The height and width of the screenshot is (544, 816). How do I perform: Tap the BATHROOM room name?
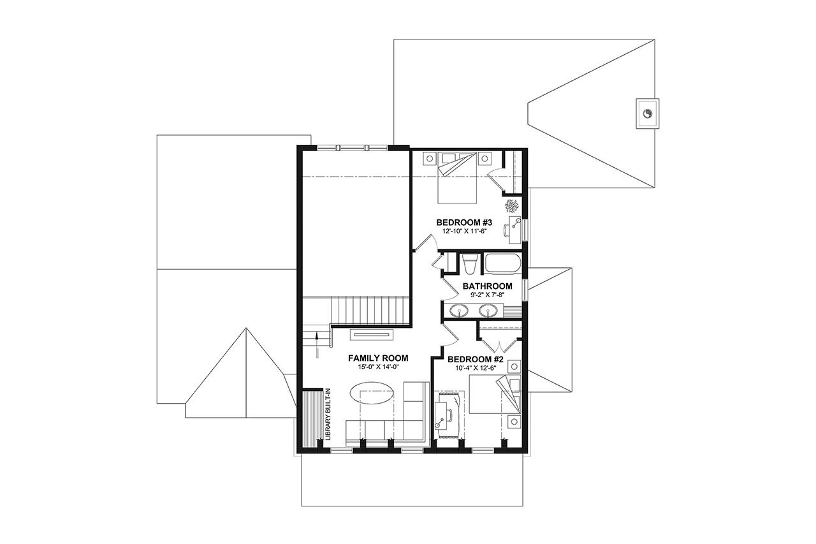(488, 286)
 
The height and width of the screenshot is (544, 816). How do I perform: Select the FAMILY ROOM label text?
(378, 358)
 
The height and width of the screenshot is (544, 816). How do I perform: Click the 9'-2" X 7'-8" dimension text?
(488, 295)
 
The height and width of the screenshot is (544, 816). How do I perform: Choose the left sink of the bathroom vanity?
(458, 311)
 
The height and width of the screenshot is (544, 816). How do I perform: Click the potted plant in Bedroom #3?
(511, 205)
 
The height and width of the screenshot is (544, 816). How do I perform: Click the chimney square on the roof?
(647, 114)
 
